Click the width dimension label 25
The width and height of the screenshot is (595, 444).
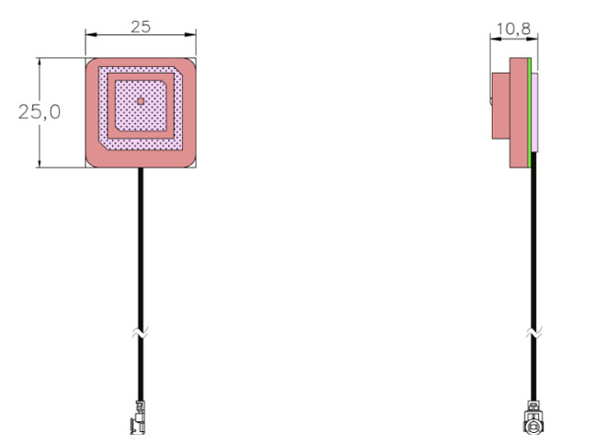pos(141,27)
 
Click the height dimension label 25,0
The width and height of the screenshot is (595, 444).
pos(40,112)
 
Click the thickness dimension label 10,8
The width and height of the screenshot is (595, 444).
pos(513,29)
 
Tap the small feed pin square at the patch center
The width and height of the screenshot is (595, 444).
pos(141,101)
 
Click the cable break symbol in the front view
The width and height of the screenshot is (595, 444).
pos(141,333)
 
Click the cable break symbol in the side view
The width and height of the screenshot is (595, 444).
pos(534,333)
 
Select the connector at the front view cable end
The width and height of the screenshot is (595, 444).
pos(138,417)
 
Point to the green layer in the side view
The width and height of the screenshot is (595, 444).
pos(530,113)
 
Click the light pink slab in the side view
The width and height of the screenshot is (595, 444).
pos(534,113)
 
